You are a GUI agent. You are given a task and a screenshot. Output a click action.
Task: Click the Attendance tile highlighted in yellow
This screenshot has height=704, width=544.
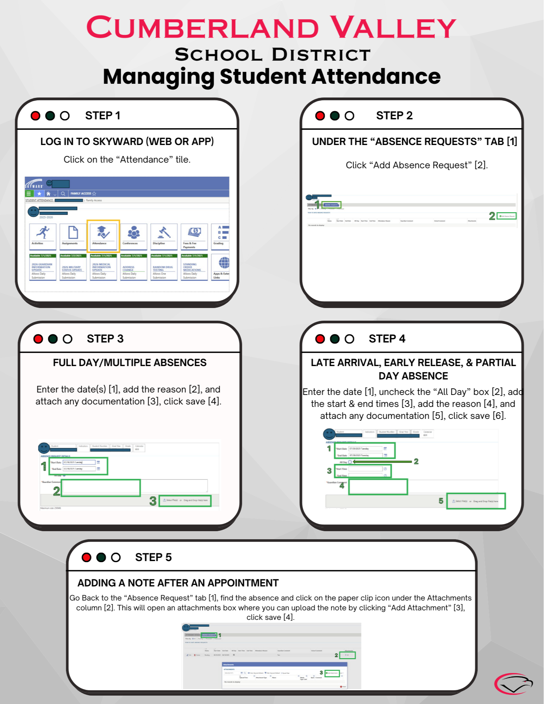(x=103, y=235)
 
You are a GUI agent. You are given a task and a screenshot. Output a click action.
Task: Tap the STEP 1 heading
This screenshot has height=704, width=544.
(x=102, y=115)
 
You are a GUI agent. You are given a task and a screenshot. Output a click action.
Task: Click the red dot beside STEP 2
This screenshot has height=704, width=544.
(x=320, y=116)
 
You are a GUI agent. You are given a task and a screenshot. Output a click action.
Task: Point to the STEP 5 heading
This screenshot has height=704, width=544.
(x=153, y=557)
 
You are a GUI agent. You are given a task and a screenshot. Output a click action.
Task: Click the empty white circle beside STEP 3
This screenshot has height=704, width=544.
(x=67, y=339)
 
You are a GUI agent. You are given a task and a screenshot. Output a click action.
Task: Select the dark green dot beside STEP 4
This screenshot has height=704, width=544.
(x=334, y=339)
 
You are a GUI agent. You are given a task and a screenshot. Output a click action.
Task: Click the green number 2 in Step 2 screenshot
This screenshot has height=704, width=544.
(x=492, y=216)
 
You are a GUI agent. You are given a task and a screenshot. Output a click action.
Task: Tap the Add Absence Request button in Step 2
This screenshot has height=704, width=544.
(x=507, y=216)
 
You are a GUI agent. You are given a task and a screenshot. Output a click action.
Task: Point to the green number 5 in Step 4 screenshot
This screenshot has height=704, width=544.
(x=441, y=501)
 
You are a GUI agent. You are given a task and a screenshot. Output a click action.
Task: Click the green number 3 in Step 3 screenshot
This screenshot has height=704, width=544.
(x=153, y=501)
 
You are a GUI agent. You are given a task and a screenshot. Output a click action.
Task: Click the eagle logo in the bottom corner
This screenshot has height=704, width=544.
(x=513, y=684)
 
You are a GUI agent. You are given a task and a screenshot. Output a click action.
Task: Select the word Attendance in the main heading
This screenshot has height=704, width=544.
(x=376, y=76)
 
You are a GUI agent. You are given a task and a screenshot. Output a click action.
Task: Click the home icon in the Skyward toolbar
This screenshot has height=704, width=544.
(x=48, y=194)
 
